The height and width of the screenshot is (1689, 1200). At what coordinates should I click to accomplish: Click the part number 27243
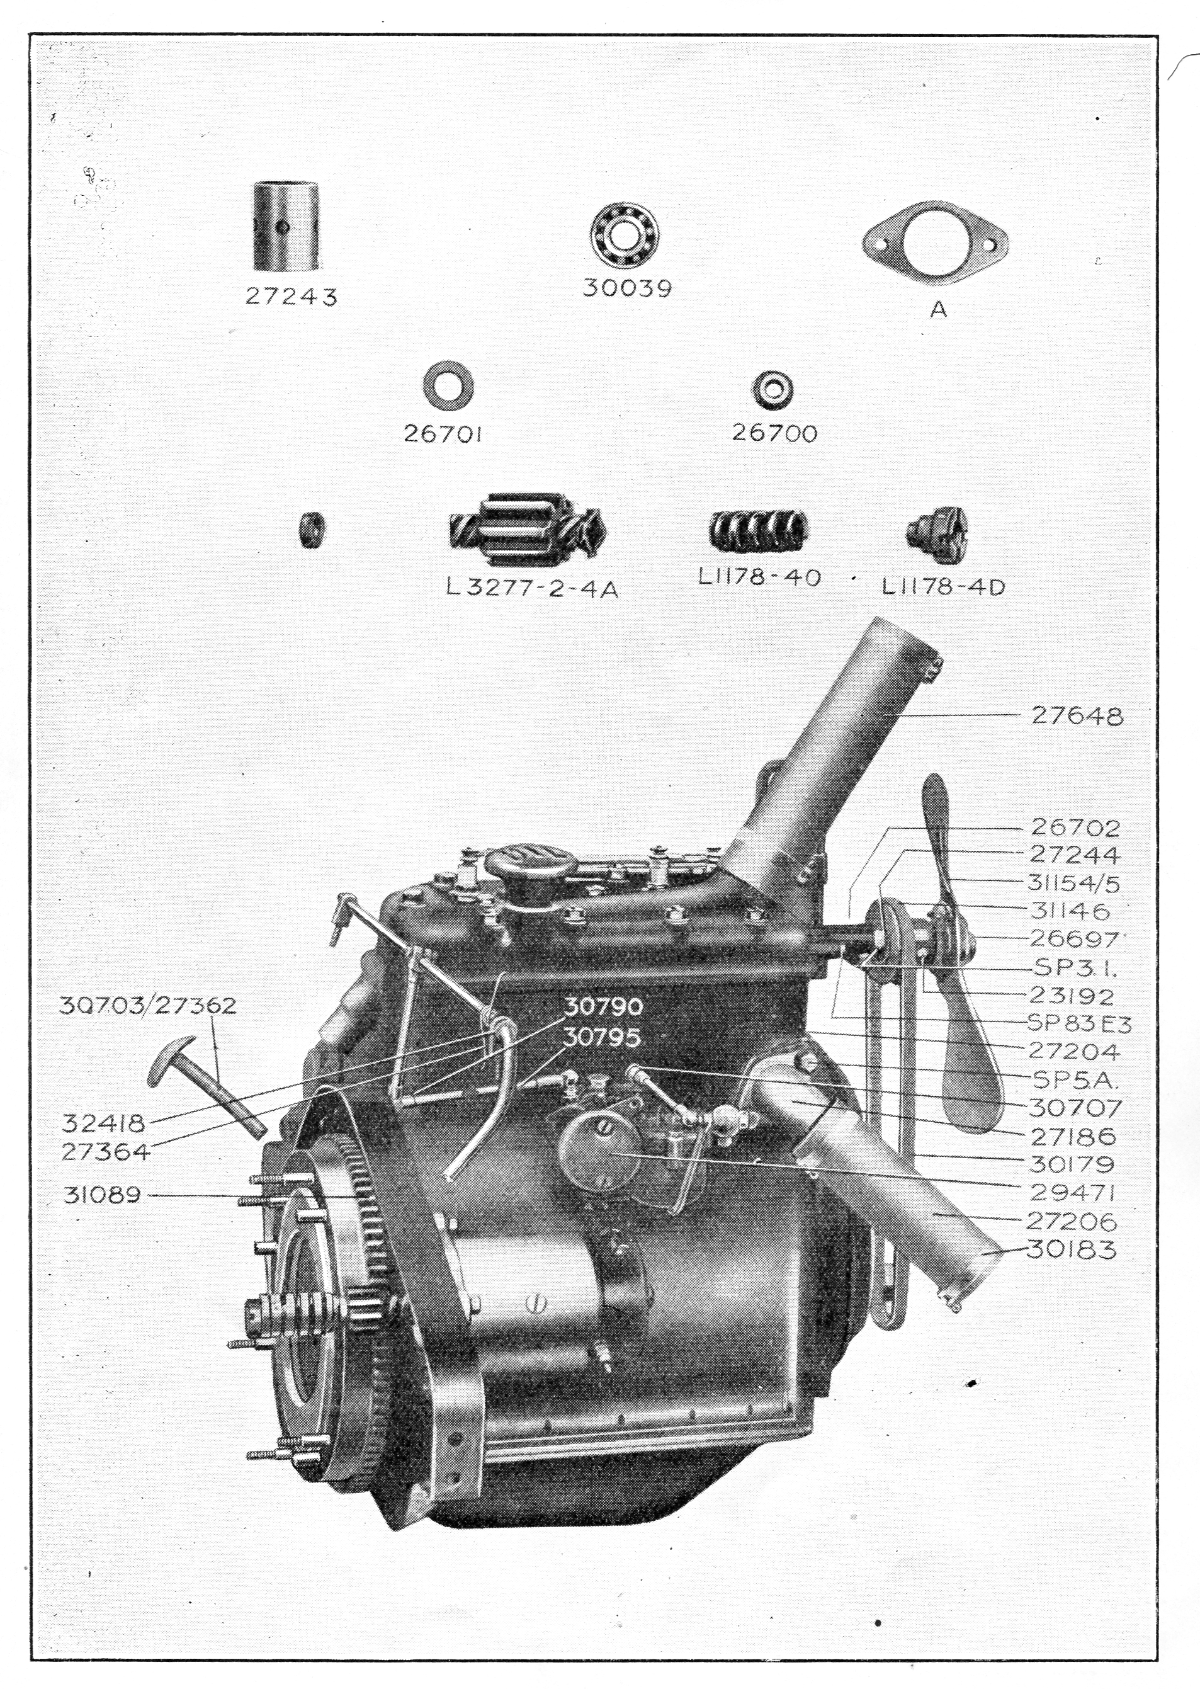(290, 297)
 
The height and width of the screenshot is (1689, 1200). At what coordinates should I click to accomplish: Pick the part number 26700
(774, 433)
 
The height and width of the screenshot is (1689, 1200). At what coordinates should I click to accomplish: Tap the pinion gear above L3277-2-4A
(526, 531)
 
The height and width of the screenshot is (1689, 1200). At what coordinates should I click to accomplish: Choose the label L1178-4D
(944, 588)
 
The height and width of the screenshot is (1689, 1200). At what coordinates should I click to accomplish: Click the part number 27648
(1074, 715)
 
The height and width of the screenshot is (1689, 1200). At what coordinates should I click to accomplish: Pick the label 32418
(104, 1123)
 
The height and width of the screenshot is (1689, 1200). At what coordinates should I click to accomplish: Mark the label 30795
(603, 1038)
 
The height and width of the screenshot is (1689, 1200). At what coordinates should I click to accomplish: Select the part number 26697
(1074, 939)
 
